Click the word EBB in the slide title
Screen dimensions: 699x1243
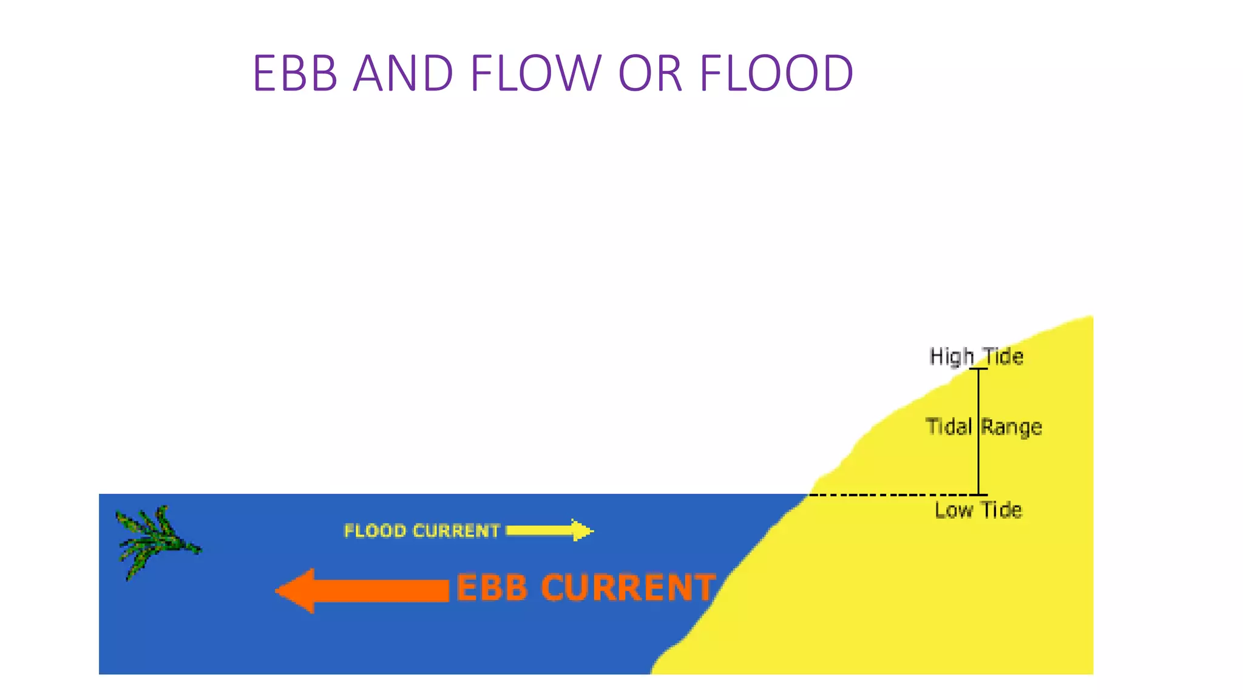coord(295,73)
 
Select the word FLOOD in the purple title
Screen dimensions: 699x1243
coord(776,73)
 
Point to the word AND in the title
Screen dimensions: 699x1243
coord(403,73)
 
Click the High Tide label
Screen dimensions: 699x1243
coord(976,356)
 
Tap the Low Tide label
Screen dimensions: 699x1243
coord(978,510)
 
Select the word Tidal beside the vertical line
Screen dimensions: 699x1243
coord(949,427)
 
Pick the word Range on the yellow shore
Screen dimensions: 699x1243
coord(1012,427)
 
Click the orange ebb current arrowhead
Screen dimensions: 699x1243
coord(296,590)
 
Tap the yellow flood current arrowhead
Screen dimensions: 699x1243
coord(581,530)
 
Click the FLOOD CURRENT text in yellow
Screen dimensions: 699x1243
coord(421,531)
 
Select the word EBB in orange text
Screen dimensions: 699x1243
coord(492,588)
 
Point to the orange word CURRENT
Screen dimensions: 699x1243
coord(628,588)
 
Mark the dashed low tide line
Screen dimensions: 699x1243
coord(892,495)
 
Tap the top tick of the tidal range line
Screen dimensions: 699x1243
coord(978,368)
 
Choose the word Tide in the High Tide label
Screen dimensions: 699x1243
coord(1003,356)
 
